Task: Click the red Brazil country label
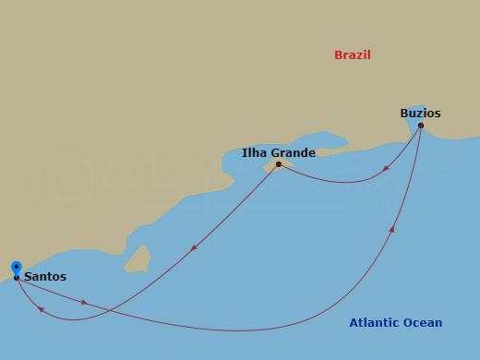click(x=353, y=55)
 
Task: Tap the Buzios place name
click(x=420, y=114)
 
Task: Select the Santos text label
click(x=45, y=276)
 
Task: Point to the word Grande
click(x=294, y=153)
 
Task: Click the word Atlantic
click(x=375, y=323)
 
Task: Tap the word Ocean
click(x=424, y=323)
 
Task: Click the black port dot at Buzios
click(x=420, y=126)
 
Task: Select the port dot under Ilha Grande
click(x=278, y=164)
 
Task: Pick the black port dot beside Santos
click(x=17, y=277)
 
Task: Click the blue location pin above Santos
click(x=17, y=268)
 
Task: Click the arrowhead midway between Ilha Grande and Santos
click(x=193, y=247)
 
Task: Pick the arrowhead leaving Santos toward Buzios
click(x=84, y=302)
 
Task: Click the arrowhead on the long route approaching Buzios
click(x=392, y=228)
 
